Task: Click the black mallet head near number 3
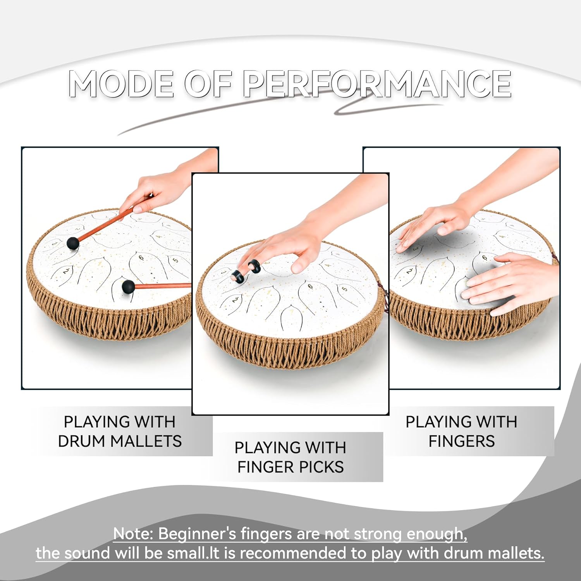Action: tap(73, 243)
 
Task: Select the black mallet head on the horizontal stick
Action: tap(128, 287)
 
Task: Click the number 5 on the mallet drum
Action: tap(175, 260)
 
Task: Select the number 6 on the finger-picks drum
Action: tap(310, 287)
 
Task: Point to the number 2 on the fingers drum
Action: tap(409, 271)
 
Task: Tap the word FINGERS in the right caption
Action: tap(461, 441)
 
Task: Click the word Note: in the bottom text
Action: tap(133, 534)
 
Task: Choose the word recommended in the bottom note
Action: tap(292, 553)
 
